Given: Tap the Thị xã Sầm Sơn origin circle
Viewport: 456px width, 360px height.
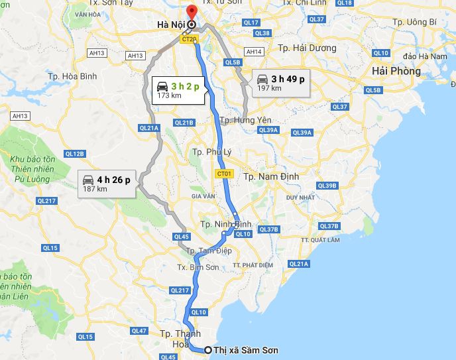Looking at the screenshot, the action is tap(208, 350).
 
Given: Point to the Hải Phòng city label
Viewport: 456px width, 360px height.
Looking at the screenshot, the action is tap(396, 71).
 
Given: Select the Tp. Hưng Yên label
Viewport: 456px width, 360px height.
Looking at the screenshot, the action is tap(245, 120).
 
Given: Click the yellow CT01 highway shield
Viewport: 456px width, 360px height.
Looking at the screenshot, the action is tap(225, 173).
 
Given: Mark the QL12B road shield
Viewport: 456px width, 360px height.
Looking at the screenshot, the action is tap(75, 154).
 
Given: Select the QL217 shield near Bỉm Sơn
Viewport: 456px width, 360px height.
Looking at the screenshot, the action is tap(180, 290).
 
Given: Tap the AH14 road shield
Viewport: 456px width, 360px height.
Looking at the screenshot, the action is tap(254, 52).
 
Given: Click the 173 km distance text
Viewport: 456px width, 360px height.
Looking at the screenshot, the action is tap(169, 95).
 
